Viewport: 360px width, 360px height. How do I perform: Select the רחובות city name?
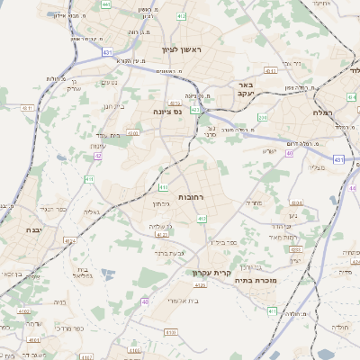tap(190, 196)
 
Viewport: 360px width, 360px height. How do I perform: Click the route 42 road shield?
tap(97, 156)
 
